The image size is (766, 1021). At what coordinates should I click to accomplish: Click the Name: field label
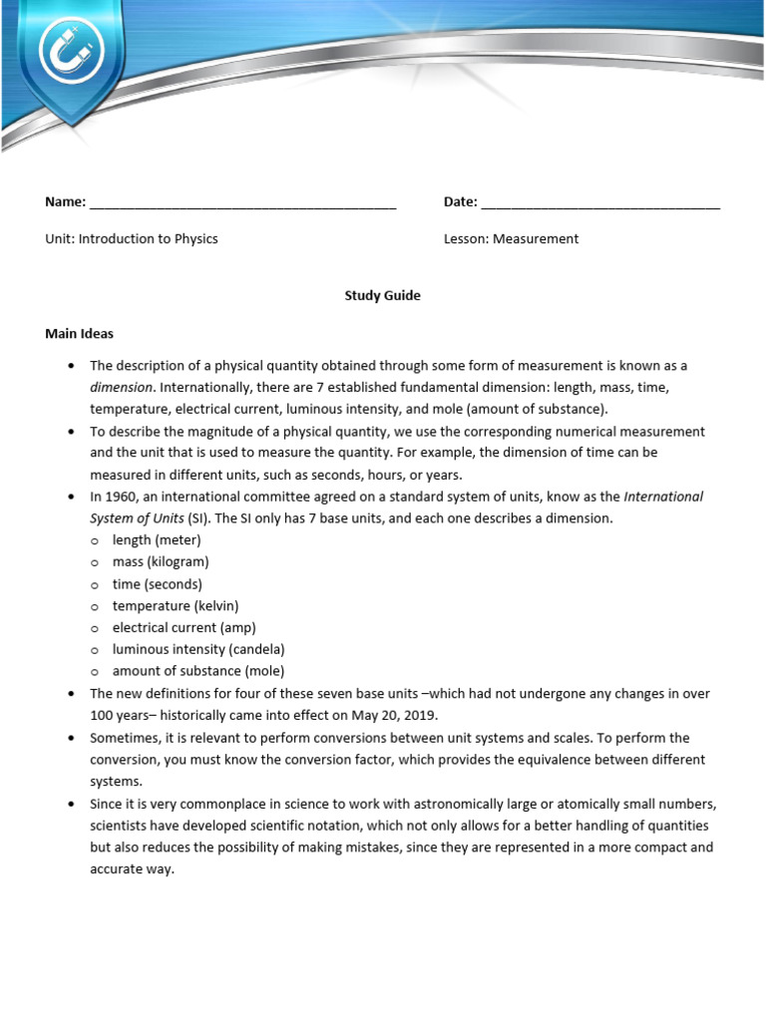65,202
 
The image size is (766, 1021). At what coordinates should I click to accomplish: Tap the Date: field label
461,202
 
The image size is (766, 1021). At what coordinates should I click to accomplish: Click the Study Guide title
382,296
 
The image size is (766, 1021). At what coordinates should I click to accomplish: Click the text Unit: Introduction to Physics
132,239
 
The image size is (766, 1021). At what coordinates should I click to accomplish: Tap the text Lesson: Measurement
511,239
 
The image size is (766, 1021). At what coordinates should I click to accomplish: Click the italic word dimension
121,387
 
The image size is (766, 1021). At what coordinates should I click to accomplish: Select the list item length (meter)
157,540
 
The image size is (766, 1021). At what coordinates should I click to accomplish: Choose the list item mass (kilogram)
161,562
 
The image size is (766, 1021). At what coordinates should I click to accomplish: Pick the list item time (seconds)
157,584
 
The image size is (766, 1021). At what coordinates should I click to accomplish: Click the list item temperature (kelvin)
176,606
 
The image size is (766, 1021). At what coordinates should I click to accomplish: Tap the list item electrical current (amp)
184,628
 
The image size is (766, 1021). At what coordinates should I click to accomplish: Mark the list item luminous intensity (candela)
198,650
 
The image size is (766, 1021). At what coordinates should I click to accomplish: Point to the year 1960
120,497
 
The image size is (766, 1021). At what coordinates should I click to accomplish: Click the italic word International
663,497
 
